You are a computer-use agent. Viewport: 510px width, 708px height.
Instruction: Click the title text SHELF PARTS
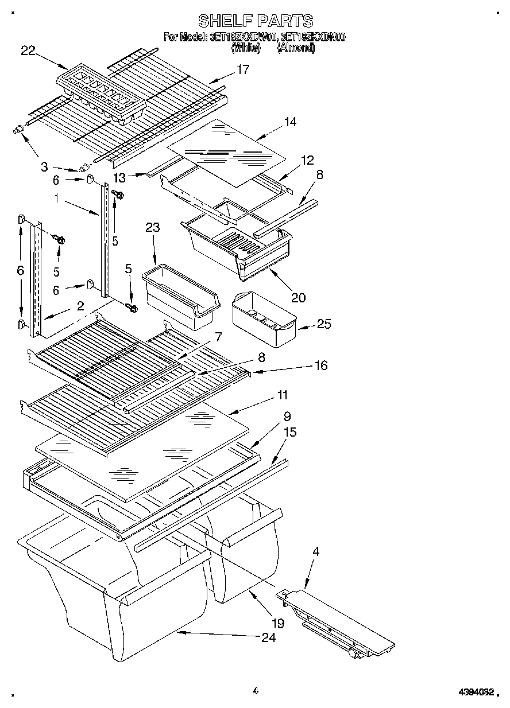click(x=255, y=21)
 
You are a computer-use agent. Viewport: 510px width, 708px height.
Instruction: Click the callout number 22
click(x=28, y=50)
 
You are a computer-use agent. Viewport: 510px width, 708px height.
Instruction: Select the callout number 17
click(x=243, y=69)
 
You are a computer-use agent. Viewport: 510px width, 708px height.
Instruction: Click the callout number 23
click(x=152, y=227)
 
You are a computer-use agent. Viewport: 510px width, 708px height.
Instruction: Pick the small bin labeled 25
click(x=263, y=318)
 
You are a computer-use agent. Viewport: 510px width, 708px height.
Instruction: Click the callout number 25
click(x=324, y=324)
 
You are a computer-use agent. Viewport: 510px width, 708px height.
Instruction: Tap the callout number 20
click(x=298, y=297)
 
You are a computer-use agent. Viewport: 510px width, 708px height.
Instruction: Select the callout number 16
click(x=320, y=365)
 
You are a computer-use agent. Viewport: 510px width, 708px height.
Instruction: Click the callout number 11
click(x=283, y=395)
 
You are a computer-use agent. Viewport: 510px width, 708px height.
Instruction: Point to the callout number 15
click(x=290, y=432)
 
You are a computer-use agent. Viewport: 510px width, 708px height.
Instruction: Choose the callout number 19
click(x=277, y=623)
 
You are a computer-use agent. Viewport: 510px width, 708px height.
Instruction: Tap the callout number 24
click(x=268, y=637)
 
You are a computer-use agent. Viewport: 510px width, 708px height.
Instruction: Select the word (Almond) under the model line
click(x=296, y=49)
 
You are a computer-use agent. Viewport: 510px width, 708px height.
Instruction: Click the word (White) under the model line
click(x=246, y=49)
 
